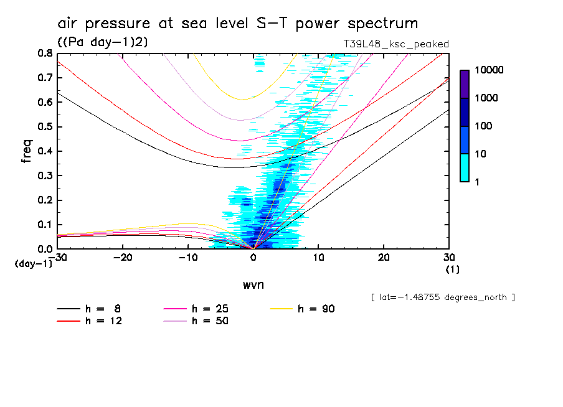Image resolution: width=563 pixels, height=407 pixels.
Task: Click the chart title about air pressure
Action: pos(237,24)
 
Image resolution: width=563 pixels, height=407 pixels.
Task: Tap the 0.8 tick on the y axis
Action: pos(45,54)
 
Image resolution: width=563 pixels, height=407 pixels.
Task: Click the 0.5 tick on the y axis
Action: pos(45,127)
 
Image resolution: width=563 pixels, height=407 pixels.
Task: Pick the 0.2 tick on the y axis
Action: pos(45,200)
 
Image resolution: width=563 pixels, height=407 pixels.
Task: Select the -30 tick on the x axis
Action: pos(60,257)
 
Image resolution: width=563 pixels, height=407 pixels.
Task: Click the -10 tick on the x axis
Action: pos(187,257)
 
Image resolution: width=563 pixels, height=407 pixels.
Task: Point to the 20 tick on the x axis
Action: pos(383,257)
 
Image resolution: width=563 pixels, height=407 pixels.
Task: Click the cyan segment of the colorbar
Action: pos(465,167)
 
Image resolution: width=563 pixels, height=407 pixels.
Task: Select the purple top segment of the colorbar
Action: pos(465,84)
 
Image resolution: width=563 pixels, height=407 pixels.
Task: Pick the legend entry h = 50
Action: pos(197,321)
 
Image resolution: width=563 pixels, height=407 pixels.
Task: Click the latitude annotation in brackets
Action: pos(442,297)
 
